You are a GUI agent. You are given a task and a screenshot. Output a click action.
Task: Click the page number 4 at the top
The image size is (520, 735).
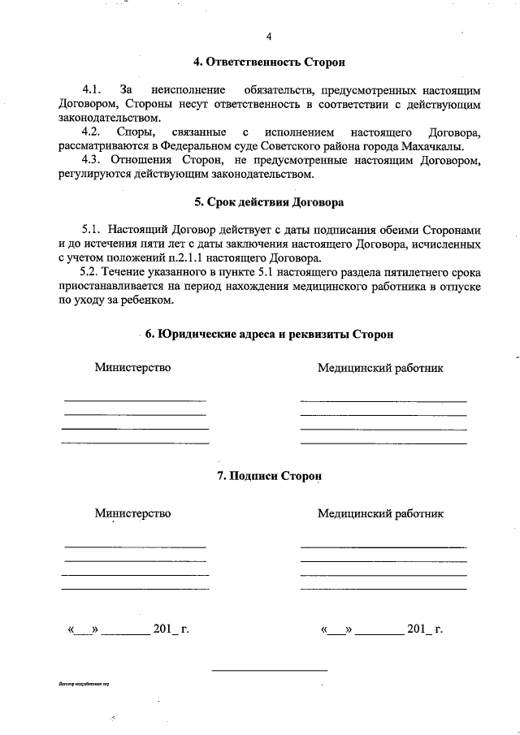tap(269, 37)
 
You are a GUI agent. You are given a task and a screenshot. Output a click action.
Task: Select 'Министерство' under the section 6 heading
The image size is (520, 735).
tap(132, 368)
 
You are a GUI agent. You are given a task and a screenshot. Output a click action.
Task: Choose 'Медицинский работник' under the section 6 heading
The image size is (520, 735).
tap(381, 368)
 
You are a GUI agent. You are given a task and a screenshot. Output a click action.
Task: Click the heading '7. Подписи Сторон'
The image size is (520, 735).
tap(269, 476)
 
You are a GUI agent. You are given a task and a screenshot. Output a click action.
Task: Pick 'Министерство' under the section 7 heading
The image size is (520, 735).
tap(132, 512)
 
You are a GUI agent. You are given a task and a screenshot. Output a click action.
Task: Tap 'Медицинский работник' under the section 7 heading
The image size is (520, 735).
tap(381, 513)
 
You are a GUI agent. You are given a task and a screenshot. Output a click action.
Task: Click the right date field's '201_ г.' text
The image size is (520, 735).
tap(424, 629)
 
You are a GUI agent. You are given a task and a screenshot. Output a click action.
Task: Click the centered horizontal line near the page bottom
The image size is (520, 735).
tap(269, 671)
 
